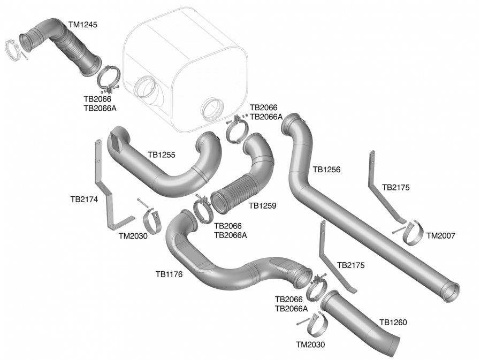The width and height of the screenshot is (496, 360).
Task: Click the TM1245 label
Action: click(x=83, y=24)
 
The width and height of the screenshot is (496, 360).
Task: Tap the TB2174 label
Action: click(x=85, y=198)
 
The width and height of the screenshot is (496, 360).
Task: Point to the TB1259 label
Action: click(x=262, y=205)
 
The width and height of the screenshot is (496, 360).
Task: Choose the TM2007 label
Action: click(x=440, y=235)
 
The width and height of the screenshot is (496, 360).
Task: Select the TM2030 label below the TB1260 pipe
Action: click(x=310, y=345)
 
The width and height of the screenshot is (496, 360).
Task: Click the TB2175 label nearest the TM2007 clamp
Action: click(x=395, y=188)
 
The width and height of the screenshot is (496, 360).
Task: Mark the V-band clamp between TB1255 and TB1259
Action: click(x=203, y=209)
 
